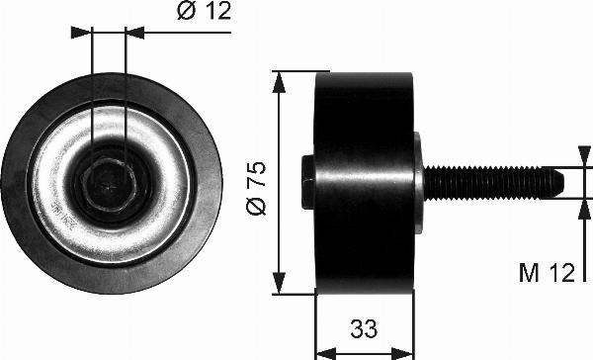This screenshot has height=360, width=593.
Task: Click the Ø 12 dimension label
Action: click(x=204, y=11)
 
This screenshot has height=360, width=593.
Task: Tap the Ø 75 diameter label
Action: click(x=256, y=188)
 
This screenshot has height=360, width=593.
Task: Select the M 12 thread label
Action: click(x=547, y=273)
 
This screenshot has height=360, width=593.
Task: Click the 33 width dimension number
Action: click(x=364, y=328)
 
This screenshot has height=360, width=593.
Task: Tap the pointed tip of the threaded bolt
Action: click(x=563, y=183)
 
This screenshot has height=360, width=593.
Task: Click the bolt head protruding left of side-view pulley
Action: click(x=308, y=182)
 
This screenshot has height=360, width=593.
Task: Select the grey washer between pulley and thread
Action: click(x=419, y=183)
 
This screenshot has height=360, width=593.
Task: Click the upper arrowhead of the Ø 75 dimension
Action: click(x=279, y=82)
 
